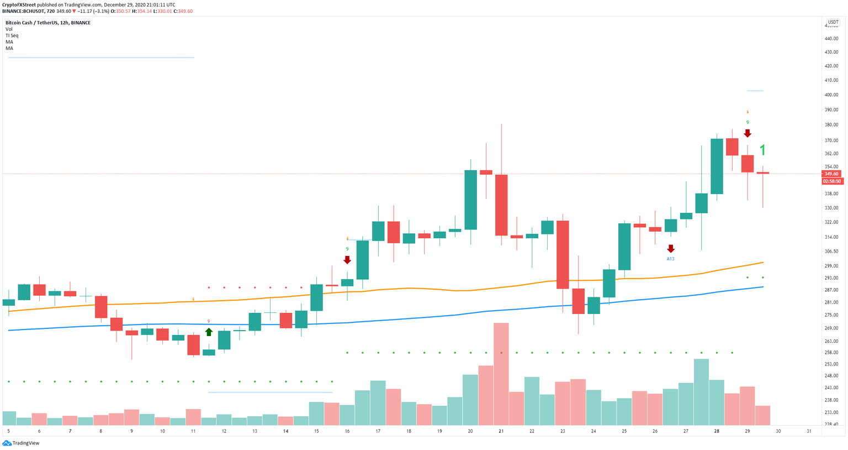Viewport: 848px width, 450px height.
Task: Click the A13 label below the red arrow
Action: click(670, 259)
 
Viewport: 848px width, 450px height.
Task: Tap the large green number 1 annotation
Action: click(762, 150)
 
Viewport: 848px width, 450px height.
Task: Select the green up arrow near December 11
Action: click(209, 332)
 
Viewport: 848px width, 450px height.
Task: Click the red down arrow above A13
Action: click(671, 249)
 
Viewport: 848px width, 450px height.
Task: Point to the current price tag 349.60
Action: click(831, 174)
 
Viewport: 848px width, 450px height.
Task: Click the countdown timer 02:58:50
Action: click(831, 181)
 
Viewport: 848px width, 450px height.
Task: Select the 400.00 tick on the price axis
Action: click(831, 95)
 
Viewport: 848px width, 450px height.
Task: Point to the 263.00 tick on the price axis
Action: click(831, 341)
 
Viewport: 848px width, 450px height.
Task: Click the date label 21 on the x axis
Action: click(501, 431)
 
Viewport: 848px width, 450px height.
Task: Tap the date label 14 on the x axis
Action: click(285, 431)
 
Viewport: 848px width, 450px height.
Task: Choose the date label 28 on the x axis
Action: click(716, 431)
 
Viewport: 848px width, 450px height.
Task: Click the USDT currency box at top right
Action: click(833, 22)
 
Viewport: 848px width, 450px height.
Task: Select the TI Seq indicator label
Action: click(12, 35)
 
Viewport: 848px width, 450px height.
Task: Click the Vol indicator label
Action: click(9, 29)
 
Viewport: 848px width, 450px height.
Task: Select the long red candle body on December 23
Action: click(563, 254)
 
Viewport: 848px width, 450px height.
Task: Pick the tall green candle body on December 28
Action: click(717, 166)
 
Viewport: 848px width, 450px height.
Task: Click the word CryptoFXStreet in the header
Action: click(19, 4)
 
